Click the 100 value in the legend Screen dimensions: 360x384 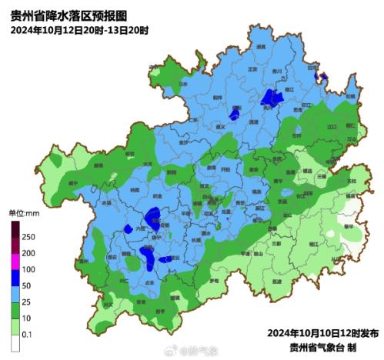[29, 268]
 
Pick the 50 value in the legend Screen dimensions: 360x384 [28, 285]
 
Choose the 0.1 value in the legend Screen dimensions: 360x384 [28, 335]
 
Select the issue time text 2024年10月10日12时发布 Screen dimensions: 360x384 [322, 334]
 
